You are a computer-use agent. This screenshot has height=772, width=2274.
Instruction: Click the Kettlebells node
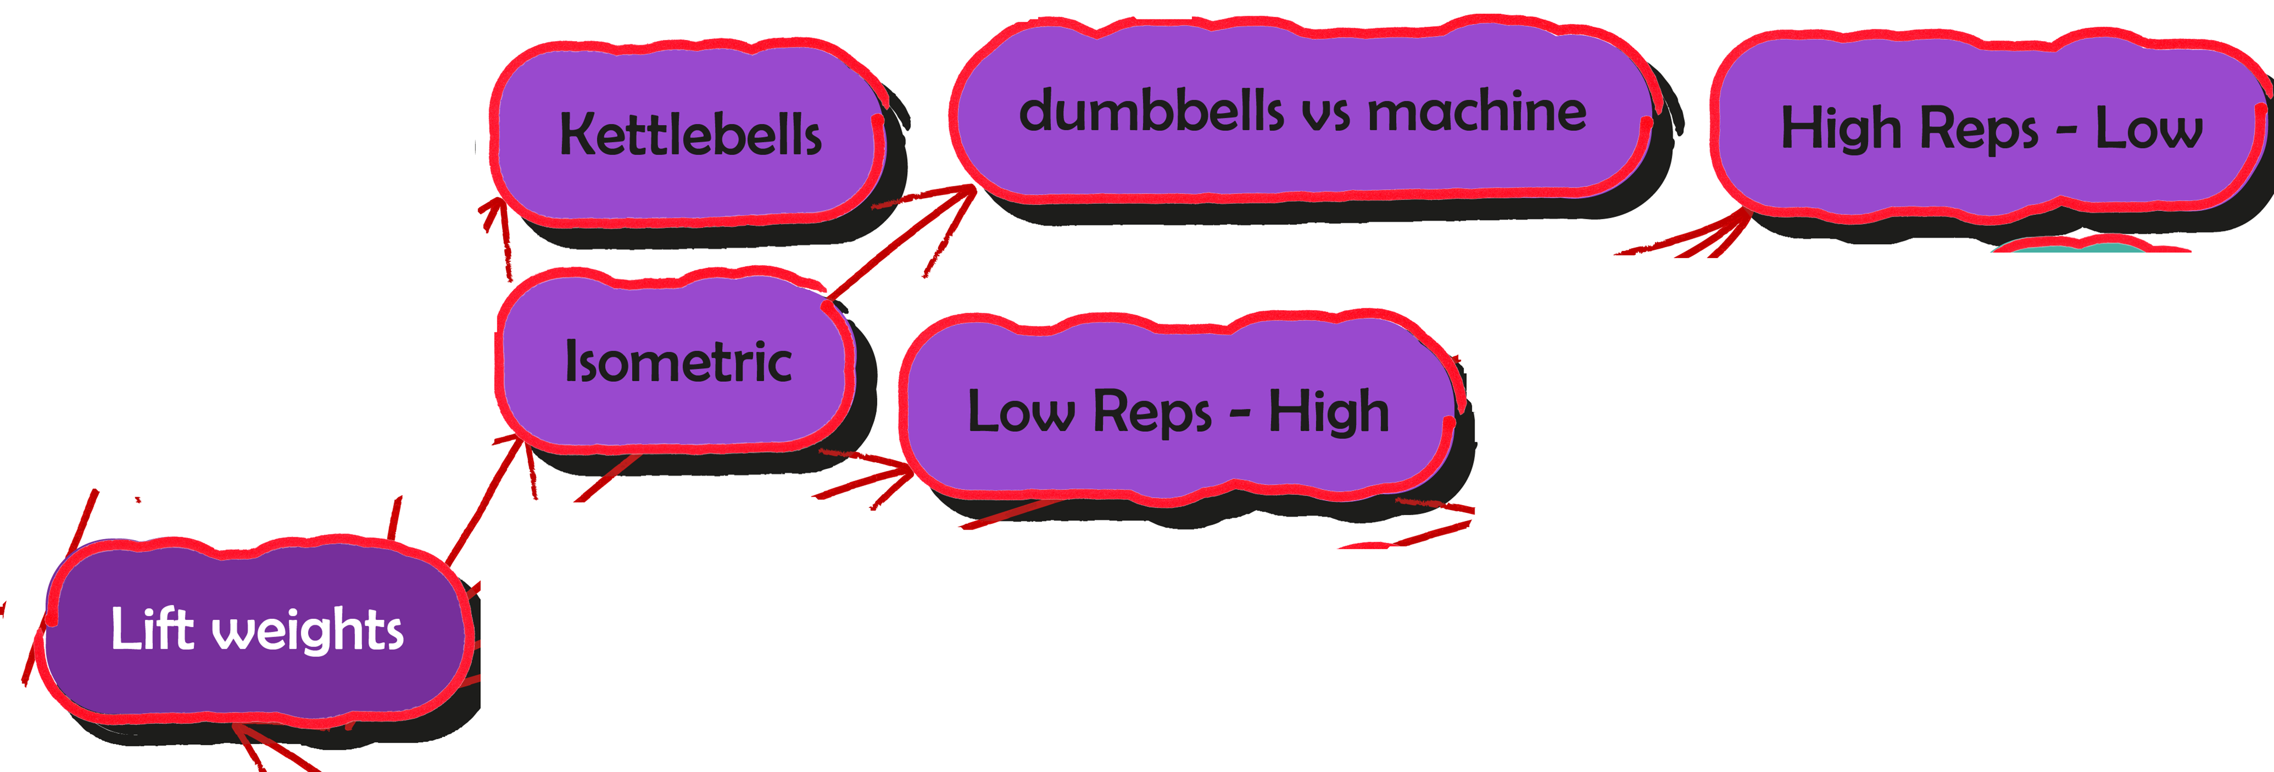[x=690, y=134]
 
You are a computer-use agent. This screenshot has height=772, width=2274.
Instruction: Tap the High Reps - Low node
[x=1991, y=129]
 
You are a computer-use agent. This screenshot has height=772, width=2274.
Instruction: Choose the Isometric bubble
[x=677, y=362]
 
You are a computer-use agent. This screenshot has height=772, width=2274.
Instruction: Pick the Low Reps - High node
[x=1179, y=411]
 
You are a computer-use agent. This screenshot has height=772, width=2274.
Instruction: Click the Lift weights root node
[x=256, y=630]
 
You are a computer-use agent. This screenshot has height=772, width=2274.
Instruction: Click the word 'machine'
[x=1476, y=112]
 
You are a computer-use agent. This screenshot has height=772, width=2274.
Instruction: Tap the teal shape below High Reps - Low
[x=2092, y=248]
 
